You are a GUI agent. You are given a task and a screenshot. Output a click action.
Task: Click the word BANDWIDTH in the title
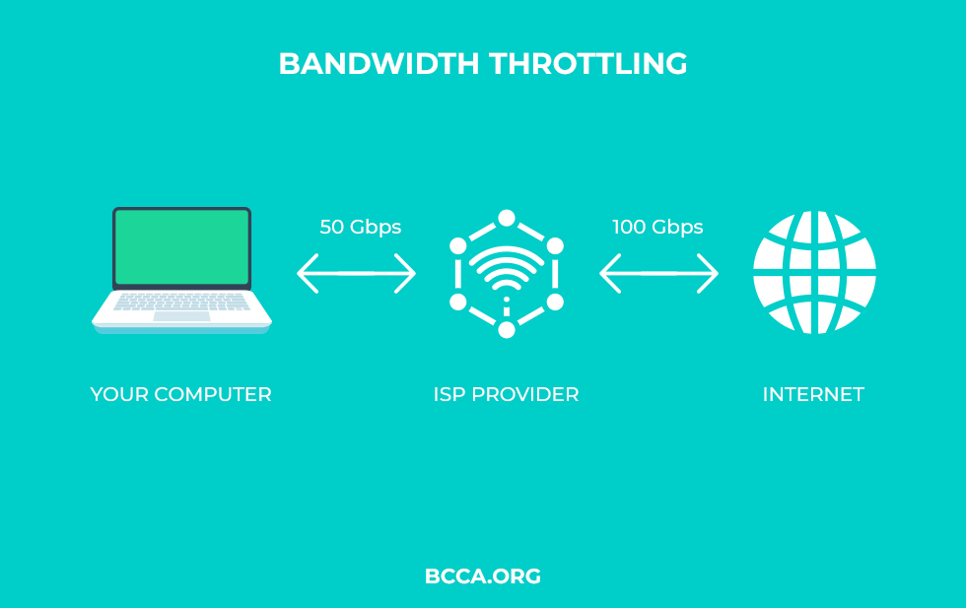tap(379, 63)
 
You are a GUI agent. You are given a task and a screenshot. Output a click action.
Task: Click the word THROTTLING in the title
tap(587, 63)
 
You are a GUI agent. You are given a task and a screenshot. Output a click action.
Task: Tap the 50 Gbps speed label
tap(361, 228)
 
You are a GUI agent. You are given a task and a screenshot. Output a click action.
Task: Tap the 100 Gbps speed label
tap(657, 228)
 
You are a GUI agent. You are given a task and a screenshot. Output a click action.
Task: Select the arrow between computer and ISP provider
tap(356, 274)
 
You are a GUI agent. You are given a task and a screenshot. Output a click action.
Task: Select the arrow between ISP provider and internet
tap(658, 274)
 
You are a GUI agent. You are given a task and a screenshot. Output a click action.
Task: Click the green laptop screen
tap(181, 247)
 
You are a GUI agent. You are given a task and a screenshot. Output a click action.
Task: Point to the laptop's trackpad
tap(181, 316)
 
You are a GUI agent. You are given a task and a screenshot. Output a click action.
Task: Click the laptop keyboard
tap(181, 302)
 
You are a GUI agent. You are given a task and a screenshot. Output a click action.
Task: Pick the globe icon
tap(814, 272)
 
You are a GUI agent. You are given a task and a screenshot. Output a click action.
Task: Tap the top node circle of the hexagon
tap(507, 218)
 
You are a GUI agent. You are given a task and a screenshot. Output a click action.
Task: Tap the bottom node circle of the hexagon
tap(507, 330)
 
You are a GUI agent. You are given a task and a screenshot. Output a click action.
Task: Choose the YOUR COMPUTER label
tap(180, 394)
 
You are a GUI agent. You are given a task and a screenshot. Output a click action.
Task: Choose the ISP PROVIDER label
tap(506, 394)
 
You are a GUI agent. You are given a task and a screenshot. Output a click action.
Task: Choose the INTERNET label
tap(813, 394)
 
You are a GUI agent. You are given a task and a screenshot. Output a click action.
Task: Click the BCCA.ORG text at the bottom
tap(483, 576)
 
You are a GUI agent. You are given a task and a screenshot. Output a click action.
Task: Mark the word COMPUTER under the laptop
tap(213, 394)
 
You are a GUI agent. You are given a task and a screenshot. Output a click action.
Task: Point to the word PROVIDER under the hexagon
tap(524, 394)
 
